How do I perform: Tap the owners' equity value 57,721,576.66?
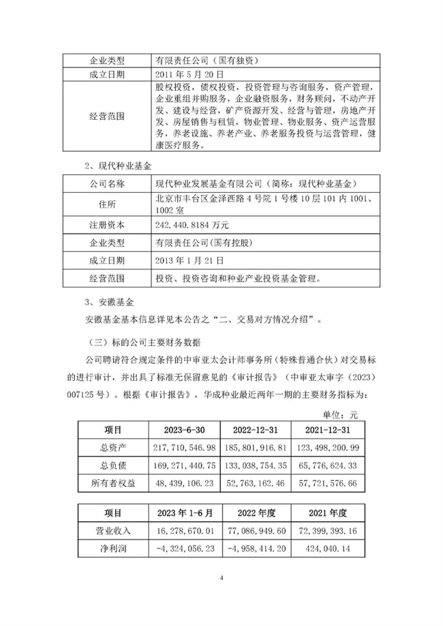click(331, 481)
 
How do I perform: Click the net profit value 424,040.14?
click(331, 546)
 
